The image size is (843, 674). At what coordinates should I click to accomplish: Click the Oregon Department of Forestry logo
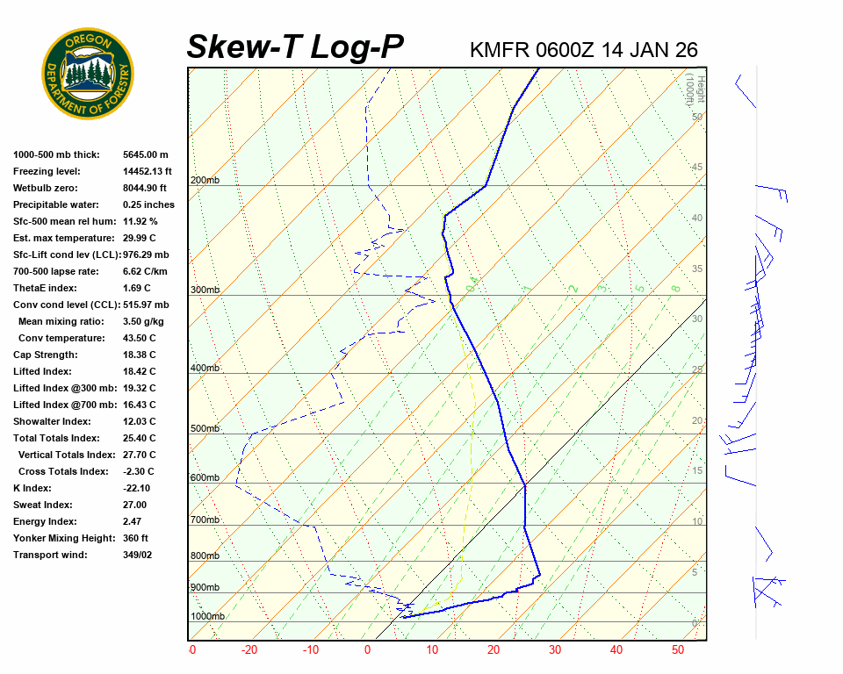(88, 74)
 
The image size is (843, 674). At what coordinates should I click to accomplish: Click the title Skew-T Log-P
(295, 47)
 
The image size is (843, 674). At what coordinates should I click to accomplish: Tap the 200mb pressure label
(205, 181)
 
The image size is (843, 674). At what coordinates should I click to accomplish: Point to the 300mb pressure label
(205, 290)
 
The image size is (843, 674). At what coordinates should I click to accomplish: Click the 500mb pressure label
(205, 428)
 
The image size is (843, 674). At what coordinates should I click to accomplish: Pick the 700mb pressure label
(205, 520)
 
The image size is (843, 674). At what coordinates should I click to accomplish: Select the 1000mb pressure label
(207, 616)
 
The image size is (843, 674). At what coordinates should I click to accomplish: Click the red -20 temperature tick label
(249, 650)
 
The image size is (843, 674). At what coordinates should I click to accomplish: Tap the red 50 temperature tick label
(677, 650)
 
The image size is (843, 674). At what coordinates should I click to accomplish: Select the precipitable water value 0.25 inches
(148, 204)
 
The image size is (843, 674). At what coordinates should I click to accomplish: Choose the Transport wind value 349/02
(137, 555)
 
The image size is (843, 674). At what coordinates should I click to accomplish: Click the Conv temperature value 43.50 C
(139, 338)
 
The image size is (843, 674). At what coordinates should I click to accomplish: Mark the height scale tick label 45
(697, 168)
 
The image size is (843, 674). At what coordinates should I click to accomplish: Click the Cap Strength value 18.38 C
(139, 355)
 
